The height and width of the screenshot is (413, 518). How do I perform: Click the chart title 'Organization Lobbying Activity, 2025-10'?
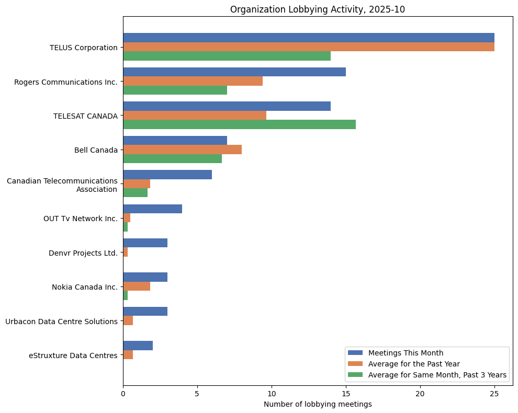(x=317, y=9)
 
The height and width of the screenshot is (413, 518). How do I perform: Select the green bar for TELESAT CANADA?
(x=239, y=124)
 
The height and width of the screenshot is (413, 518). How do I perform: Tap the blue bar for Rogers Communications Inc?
(x=234, y=72)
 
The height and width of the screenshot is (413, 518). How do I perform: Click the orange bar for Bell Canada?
(x=182, y=150)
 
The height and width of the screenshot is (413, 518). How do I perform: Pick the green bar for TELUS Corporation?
(x=227, y=56)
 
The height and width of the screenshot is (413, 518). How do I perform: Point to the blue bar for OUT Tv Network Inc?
(x=152, y=209)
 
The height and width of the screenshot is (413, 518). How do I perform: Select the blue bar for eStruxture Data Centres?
(x=138, y=346)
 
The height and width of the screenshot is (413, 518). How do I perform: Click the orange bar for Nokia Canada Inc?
(x=137, y=286)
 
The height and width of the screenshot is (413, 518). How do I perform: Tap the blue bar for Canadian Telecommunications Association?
(x=167, y=175)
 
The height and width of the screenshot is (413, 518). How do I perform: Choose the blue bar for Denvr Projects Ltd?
(x=145, y=243)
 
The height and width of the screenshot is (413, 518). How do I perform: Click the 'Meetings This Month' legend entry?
(x=406, y=352)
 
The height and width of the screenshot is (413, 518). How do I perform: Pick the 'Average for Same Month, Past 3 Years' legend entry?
(x=437, y=374)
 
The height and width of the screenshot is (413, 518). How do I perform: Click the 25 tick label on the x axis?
(x=494, y=393)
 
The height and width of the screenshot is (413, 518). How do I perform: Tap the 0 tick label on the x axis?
(x=123, y=393)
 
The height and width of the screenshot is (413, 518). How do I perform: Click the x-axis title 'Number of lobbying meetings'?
(x=317, y=404)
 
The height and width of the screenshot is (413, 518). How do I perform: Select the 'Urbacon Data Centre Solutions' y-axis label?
(x=61, y=321)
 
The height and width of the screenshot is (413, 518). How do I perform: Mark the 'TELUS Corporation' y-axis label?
(x=84, y=48)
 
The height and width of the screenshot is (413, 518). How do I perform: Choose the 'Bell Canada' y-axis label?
(x=96, y=150)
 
